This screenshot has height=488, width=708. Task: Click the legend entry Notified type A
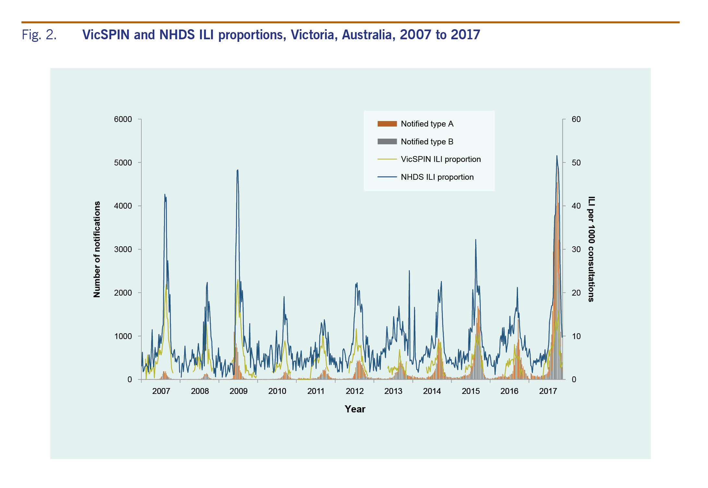pos(427,124)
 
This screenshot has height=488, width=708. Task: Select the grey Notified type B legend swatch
pos(387,141)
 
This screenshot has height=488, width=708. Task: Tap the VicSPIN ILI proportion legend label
pos(441,159)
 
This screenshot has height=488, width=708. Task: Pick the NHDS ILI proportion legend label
pos(437,177)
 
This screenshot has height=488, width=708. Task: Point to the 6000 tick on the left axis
pos(123,119)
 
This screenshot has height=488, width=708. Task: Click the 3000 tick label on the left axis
pos(123,249)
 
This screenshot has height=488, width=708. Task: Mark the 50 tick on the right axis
pos(576,163)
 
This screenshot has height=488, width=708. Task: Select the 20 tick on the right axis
pos(576,293)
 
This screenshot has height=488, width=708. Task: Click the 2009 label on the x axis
pos(238,391)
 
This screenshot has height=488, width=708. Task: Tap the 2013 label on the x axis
pos(393,391)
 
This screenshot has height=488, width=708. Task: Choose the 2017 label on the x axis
pos(548,391)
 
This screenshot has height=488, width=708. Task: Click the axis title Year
pos(355,409)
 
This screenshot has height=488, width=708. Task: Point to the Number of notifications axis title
pos(97,249)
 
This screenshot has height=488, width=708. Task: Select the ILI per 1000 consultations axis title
pos(591,249)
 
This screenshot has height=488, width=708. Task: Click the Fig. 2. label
pos(39,35)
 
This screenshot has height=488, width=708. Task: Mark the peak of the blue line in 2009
pos(238,170)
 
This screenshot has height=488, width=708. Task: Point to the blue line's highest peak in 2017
pos(557,156)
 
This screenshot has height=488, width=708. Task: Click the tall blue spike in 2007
pos(165,194)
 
